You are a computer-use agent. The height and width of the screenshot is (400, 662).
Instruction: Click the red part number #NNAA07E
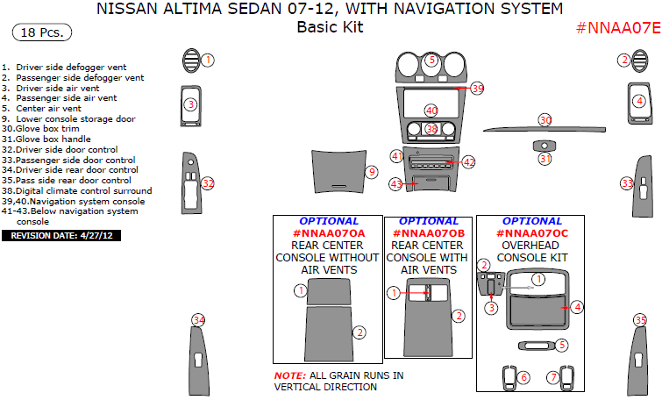tap(617, 28)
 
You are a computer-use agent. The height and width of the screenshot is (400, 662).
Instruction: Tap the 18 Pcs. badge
tap(42, 32)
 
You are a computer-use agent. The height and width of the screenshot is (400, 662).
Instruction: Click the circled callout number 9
tap(372, 172)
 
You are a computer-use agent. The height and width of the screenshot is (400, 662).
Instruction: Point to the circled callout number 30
tap(545, 120)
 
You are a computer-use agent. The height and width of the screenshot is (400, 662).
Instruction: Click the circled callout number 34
tap(199, 320)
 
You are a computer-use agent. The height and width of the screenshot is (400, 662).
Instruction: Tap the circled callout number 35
tap(641, 320)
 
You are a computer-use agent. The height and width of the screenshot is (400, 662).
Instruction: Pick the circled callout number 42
tap(469, 162)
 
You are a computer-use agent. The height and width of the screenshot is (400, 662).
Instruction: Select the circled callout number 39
tap(477, 89)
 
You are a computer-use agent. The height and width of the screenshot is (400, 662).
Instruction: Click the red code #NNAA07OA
tap(328, 233)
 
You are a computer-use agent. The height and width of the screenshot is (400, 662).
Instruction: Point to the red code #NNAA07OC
tap(532, 233)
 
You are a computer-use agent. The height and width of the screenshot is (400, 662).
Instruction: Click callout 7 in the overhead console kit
tap(553, 376)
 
